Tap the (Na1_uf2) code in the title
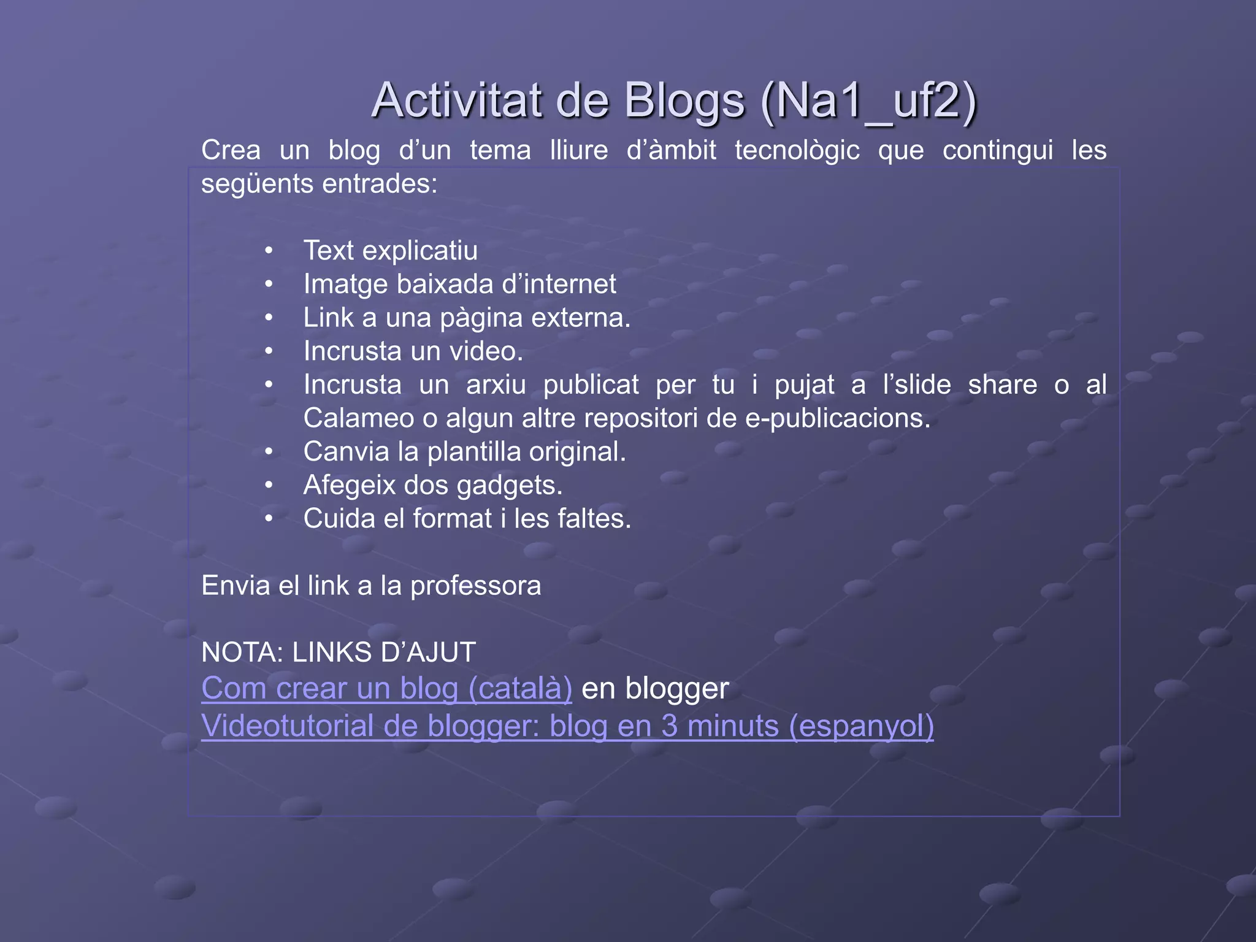point(868,101)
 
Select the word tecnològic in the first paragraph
point(797,151)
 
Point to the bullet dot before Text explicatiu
point(269,251)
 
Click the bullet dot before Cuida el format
point(269,519)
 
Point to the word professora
point(475,586)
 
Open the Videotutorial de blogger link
point(567,726)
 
